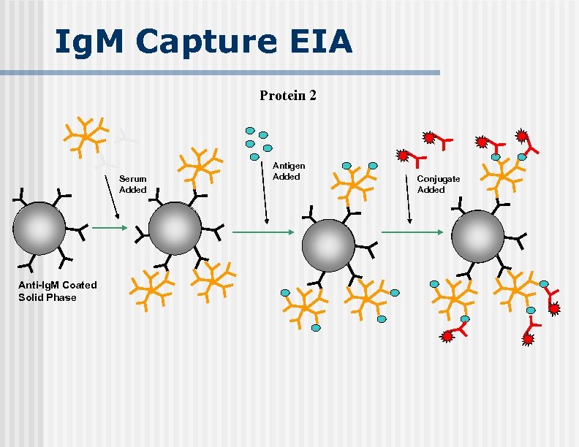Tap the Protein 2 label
tap(288, 96)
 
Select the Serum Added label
tap(132, 184)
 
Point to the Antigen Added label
tap(289, 172)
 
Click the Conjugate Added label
tap(438, 184)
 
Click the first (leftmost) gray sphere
tap(39, 229)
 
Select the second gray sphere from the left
tap(175, 229)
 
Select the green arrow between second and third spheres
tap(262, 232)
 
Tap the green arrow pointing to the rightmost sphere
tap(412, 232)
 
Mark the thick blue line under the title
tap(220, 73)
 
